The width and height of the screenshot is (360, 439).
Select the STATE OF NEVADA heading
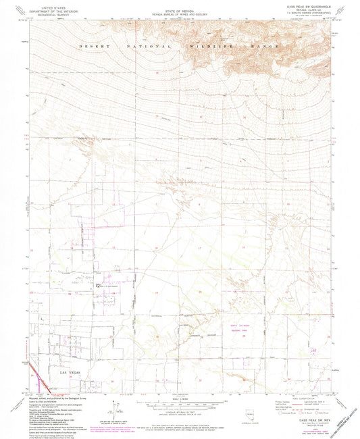[x=180, y=5]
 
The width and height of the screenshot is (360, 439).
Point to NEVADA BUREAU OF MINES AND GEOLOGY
[x=180, y=9]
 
